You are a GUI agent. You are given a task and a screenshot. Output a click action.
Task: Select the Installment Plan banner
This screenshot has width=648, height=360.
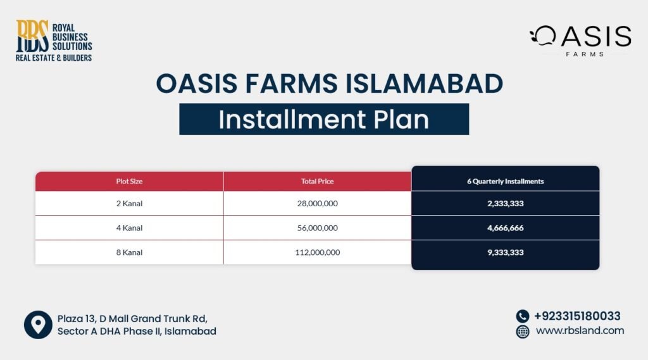(323, 119)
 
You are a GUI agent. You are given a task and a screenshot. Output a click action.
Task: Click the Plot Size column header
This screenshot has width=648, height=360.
(129, 182)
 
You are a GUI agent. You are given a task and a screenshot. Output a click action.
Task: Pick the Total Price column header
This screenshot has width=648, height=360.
(317, 182)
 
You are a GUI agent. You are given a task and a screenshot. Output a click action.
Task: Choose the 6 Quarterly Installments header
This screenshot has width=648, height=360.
(505, 182)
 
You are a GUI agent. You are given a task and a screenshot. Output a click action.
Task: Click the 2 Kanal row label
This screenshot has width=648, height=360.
(129, 204)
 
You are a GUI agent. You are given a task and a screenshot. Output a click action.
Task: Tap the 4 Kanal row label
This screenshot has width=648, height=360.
(129, 228)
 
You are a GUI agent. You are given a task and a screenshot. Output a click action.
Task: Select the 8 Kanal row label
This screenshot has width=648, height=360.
(129, 252)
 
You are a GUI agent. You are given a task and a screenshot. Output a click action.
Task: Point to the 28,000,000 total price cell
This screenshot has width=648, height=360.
(317, 204)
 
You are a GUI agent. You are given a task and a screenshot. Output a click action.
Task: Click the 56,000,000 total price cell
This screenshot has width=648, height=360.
(317, 228)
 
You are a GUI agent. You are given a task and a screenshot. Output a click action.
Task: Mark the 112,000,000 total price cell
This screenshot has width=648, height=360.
(317, 252)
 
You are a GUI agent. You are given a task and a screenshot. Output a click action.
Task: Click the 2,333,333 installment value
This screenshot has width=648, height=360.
(505, 204)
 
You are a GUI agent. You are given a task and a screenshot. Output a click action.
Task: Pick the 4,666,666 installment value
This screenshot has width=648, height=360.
(505, 228)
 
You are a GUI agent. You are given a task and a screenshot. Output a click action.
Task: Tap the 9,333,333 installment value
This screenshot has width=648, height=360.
(505, 252)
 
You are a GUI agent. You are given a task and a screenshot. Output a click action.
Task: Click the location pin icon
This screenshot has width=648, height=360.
(37, 325)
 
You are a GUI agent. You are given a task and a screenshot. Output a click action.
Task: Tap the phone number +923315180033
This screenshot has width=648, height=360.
(576, 316)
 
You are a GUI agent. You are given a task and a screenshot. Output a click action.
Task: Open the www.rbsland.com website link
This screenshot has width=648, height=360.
(580, 331)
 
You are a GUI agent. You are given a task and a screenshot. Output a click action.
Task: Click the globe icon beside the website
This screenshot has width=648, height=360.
(523, 332)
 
